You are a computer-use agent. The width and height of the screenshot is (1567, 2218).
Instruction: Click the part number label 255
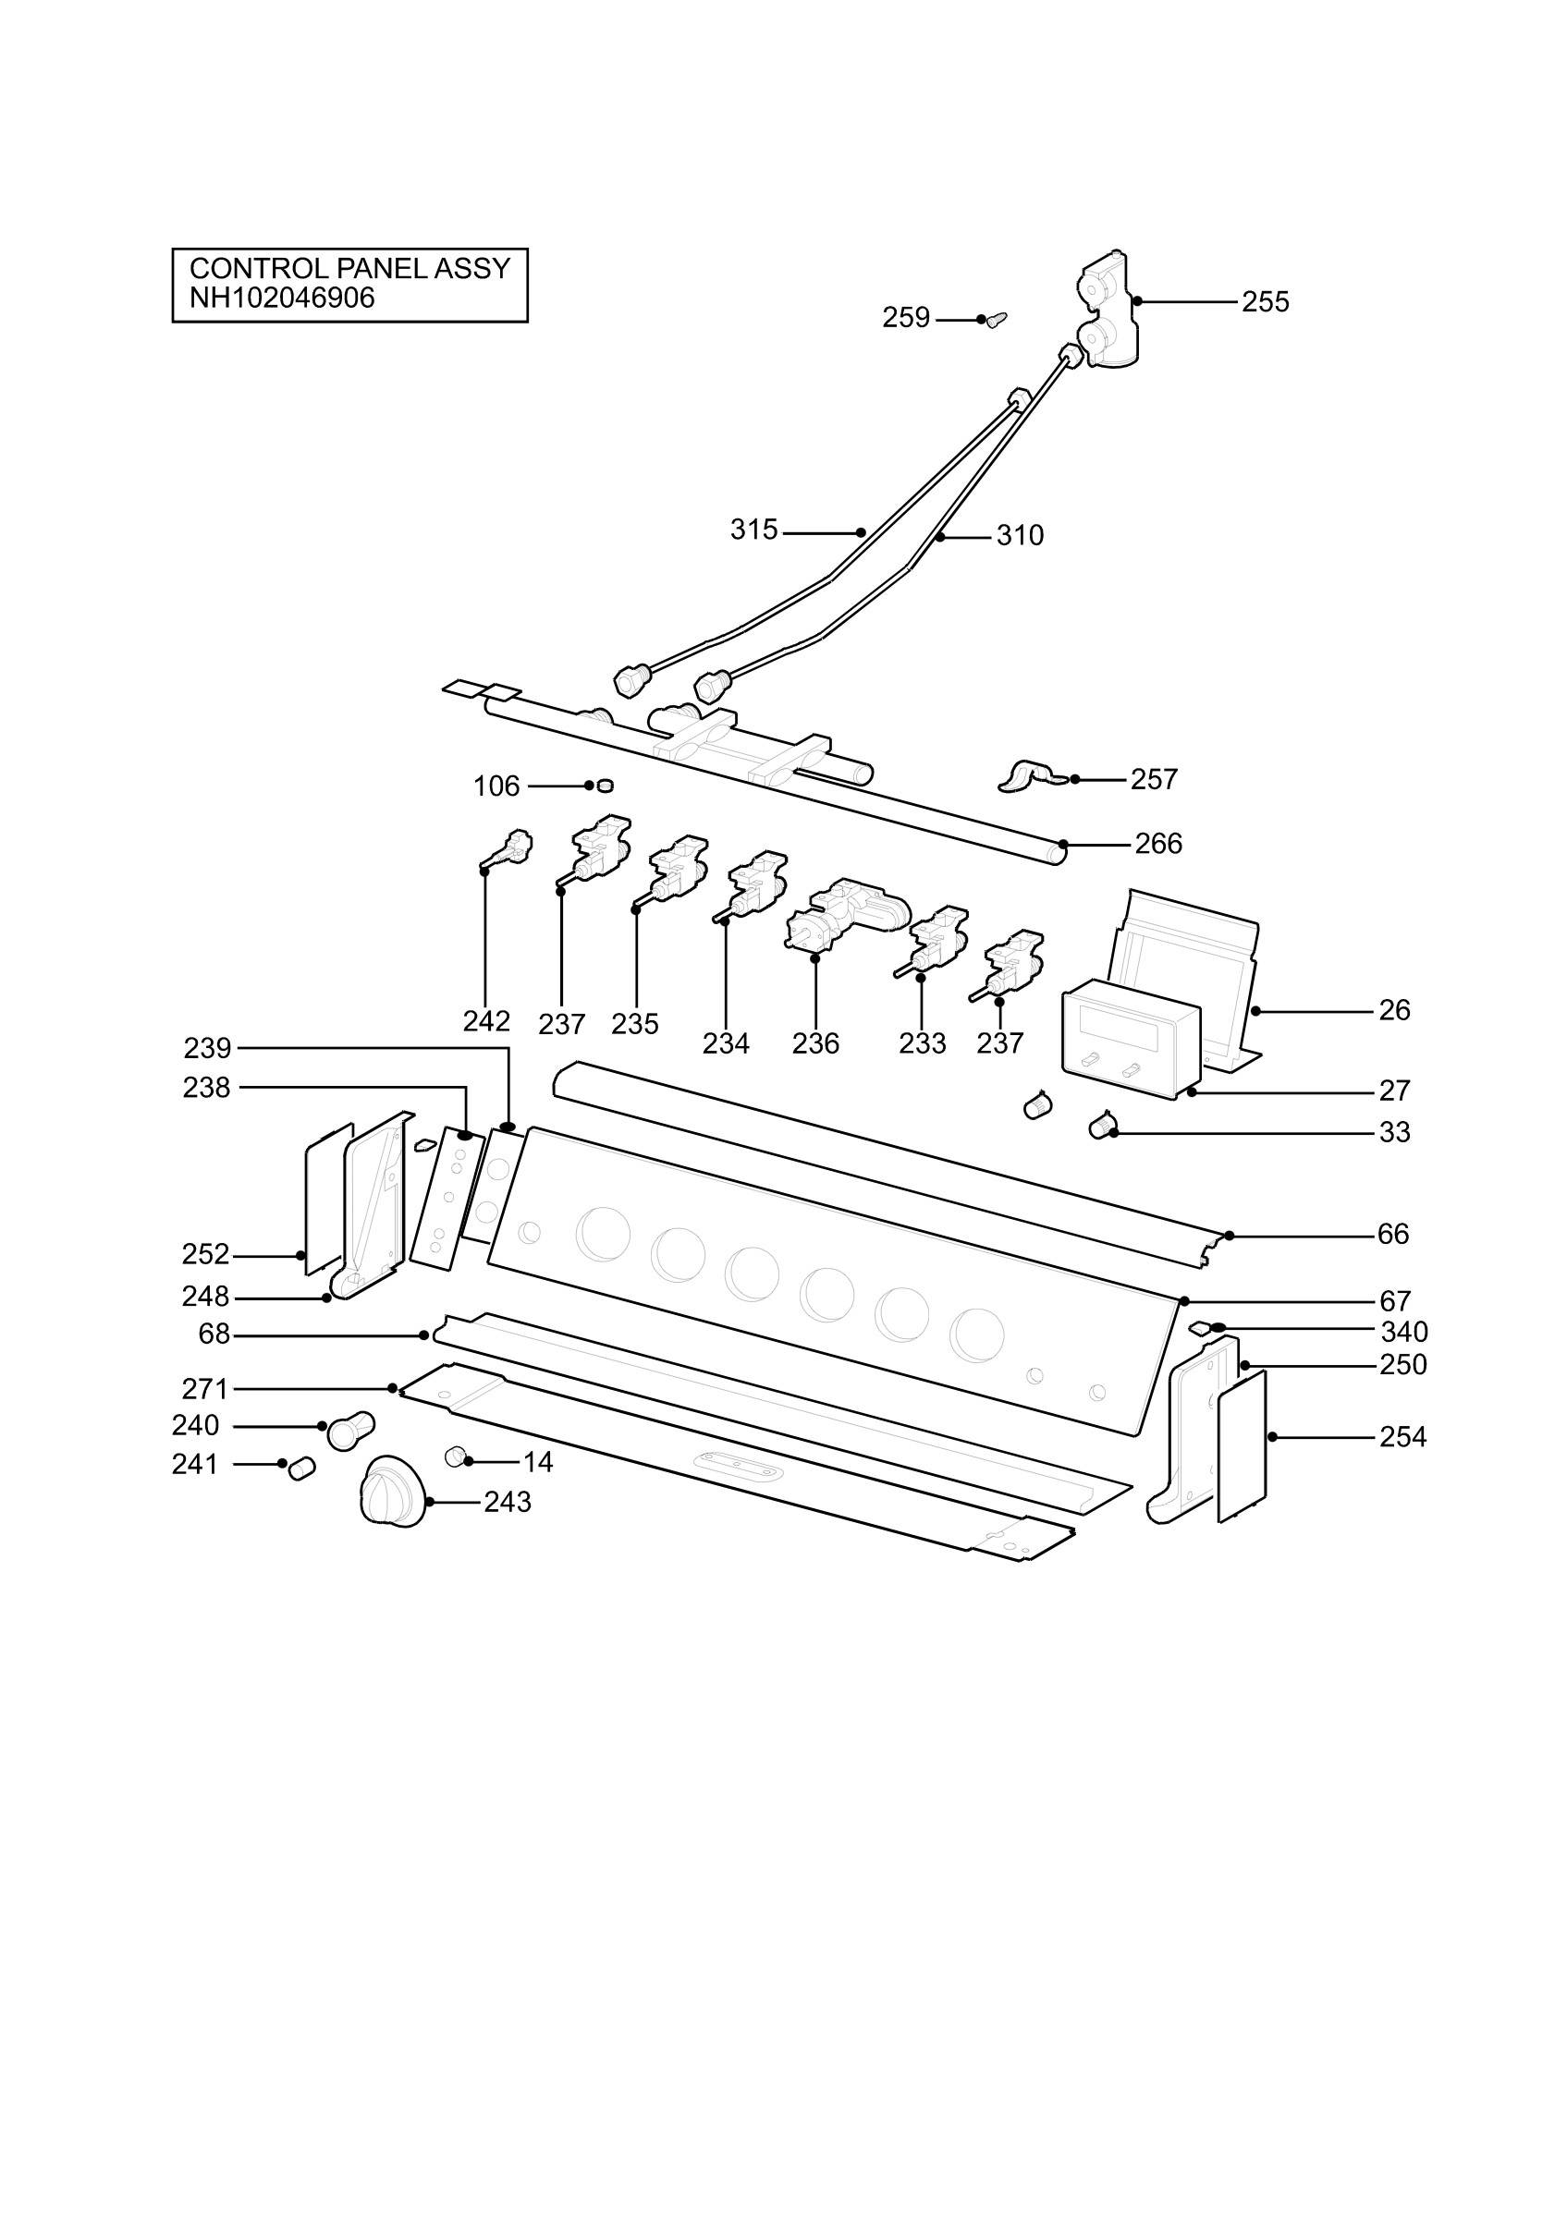coord(1265,302)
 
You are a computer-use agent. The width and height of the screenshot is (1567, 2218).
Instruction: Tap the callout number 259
coord(905,318)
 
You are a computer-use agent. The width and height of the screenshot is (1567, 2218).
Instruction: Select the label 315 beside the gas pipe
coord(753,530)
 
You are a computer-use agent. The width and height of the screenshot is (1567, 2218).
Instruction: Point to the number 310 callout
coord(1021,535)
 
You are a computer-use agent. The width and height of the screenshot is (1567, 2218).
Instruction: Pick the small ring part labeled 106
coord(605,786)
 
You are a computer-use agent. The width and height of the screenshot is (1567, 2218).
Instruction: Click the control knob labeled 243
coord(393,1492)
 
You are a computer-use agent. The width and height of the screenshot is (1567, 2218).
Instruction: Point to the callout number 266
coord(1158,845)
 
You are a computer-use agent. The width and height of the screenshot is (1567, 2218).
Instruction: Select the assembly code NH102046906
coord(281,298)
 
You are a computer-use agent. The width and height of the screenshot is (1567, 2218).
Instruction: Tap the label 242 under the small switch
coord(486,1021)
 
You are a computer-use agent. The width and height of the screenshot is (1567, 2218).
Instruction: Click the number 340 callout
coord(1403,1332)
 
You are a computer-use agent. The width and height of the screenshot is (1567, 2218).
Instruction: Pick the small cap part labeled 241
coord(302,1469)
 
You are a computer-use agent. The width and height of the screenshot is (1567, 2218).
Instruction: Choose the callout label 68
coord(214,1334)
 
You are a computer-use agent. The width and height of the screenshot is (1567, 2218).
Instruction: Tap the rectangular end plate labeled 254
coord(1243,1446)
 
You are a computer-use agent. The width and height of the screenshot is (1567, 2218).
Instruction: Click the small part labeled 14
coord(455,1456)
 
